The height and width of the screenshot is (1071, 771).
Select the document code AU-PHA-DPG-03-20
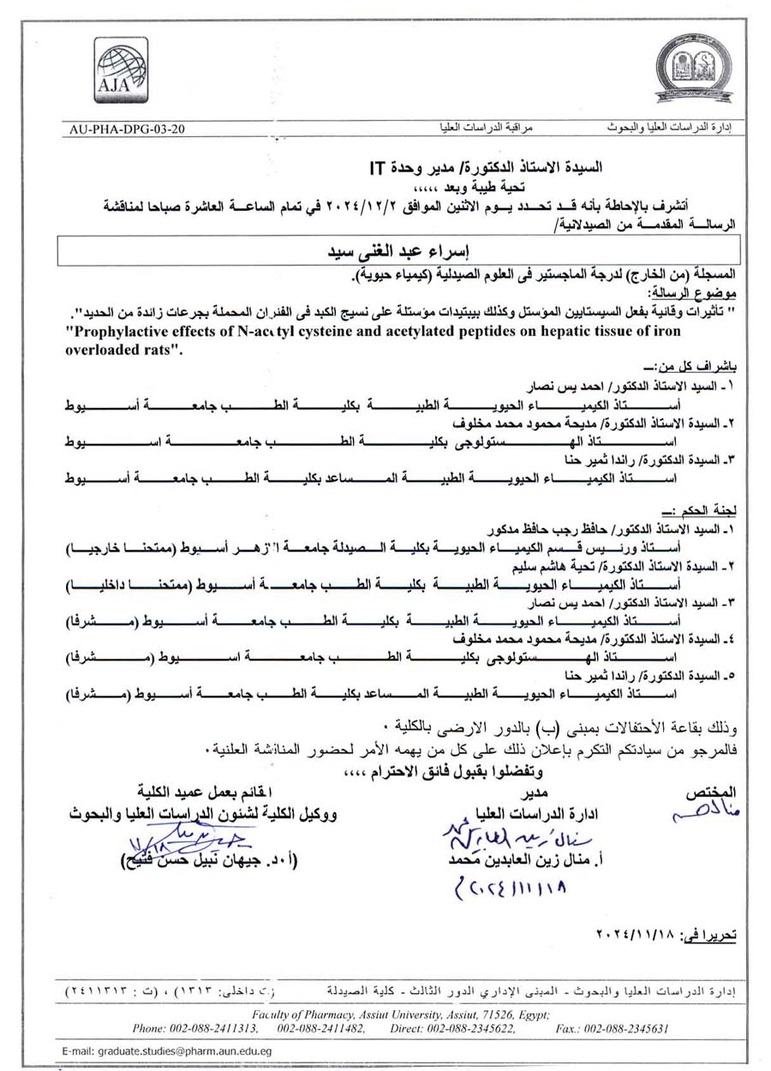[125, 129]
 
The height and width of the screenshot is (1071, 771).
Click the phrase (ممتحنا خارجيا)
[119, 546]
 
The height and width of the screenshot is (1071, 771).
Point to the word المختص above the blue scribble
[713, 791]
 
